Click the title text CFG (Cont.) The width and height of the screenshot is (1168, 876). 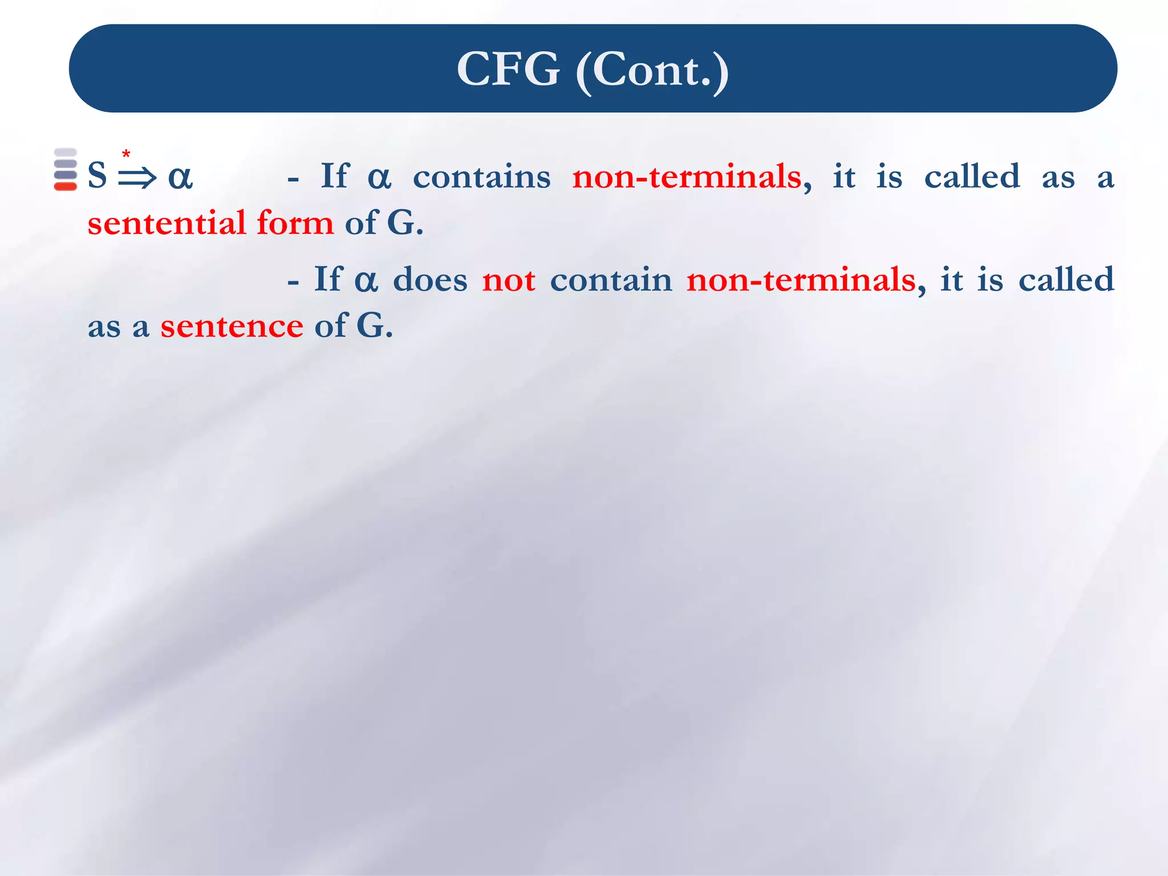[x=593, y=69]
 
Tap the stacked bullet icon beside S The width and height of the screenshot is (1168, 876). [x=65, y=169]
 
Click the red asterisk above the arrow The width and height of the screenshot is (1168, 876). [x=126, y=154]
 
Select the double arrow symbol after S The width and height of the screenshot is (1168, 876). [x=137, y=177]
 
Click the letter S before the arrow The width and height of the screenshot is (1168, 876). [x=98, y=175]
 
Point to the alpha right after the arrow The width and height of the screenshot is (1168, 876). [x=180, y=177]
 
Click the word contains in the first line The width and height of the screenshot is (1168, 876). [x=481, y=176]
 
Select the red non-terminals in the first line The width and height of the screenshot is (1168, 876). [x=687, y=176]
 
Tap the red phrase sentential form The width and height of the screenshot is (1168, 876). [x=210, y=222]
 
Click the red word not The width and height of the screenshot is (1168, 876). [x=508, y=280]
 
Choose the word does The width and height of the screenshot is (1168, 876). [x=430, y=280]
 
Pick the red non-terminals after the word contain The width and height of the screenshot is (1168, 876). [x=801, y=280]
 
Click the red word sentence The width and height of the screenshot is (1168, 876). [x=232, y=326]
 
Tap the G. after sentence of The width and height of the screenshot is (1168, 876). [x=375, y=326]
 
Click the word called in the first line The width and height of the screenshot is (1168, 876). [x=972, y=176]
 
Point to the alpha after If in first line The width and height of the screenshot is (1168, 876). [x=379, y=177]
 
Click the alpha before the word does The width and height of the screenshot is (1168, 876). [x=366, y=281]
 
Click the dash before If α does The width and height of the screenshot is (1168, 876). [x=293, y=282]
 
